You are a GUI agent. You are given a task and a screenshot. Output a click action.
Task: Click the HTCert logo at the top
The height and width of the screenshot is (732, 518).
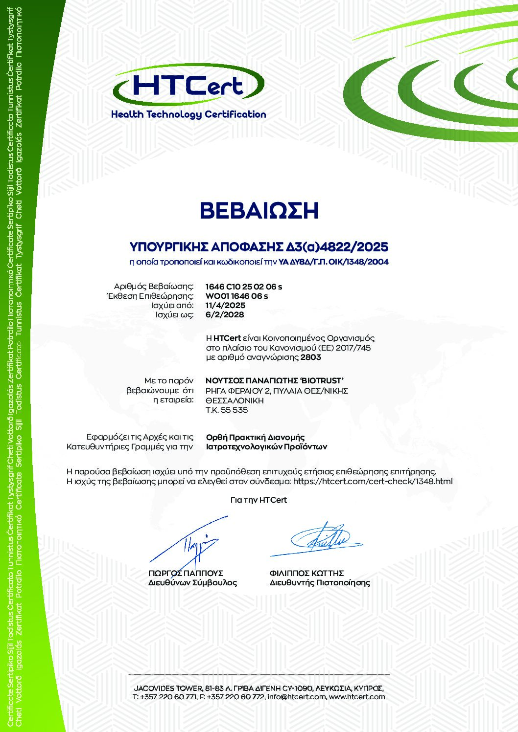(188, 86)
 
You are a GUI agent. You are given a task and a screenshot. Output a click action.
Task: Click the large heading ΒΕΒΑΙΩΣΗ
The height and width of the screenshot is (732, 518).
(259, 211)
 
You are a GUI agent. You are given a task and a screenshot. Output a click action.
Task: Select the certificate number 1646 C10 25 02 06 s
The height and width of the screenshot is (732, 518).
(244, 287)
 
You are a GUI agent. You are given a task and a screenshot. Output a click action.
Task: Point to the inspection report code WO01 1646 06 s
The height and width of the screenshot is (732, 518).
(236, 296)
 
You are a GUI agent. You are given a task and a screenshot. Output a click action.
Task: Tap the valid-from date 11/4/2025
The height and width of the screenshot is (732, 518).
(225, 305)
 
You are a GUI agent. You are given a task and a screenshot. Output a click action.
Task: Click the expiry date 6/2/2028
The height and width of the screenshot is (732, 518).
(225, 314)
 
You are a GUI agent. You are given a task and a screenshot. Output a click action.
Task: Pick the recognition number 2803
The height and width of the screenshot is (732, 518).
(311, 357)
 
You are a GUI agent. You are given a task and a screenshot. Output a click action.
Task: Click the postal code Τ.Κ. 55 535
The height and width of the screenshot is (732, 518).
(227, 410)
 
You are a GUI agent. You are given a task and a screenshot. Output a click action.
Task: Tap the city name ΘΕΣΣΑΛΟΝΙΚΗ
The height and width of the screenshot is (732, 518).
(235, 400)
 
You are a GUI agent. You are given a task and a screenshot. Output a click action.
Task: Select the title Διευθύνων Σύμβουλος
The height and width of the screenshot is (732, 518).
(192, 583)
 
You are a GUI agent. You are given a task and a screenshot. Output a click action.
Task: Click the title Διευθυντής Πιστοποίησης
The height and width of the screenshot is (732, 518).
(320, 583)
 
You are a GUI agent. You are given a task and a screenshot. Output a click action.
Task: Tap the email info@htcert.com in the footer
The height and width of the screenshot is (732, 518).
(296, 696)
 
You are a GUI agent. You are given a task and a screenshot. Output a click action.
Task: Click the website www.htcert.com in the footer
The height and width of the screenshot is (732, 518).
(357, 696)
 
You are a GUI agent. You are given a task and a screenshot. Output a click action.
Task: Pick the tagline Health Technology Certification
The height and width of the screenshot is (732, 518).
(188, 114)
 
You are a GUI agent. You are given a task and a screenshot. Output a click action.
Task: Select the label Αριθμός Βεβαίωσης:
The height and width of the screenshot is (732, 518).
(154, 287)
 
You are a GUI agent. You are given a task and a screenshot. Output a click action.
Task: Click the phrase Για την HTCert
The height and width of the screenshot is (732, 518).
(259, 500)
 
